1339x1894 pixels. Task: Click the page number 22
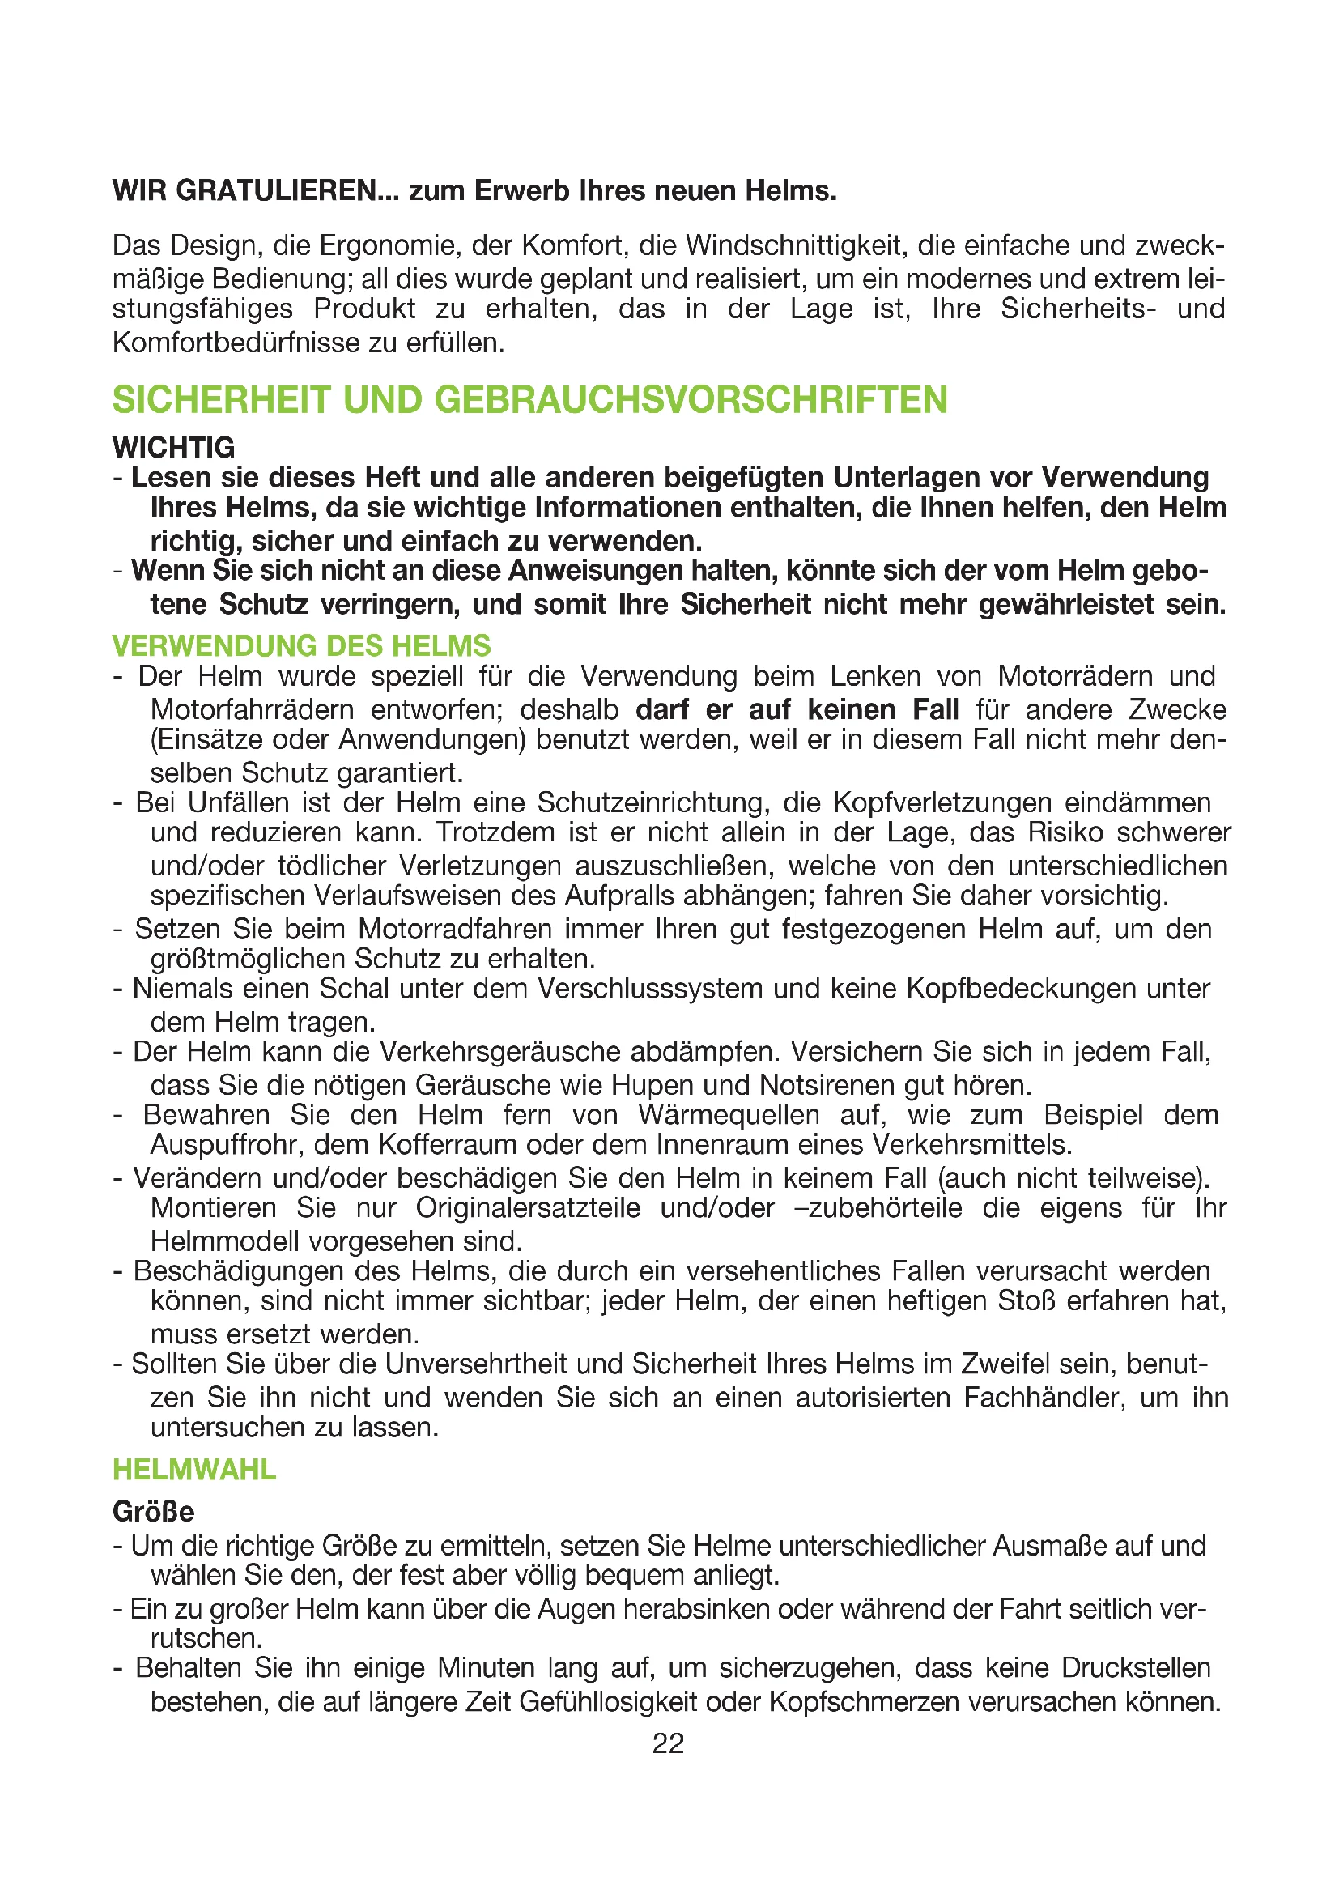(x=668, y=1743)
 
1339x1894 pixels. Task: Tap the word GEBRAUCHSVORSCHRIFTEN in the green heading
(x=691, y=400)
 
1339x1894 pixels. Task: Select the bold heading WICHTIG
(x=174, y=448)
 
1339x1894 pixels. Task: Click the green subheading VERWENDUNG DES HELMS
(x=302, y=645)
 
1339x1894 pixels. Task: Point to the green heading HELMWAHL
(x=194, y=1469)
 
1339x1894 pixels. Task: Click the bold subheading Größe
(x=153, y=1511)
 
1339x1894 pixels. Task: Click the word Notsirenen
(x=827, y=1084)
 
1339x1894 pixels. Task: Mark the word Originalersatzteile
(x=528, y=1207)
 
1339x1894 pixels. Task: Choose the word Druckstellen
(x=1135, y=1667)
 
